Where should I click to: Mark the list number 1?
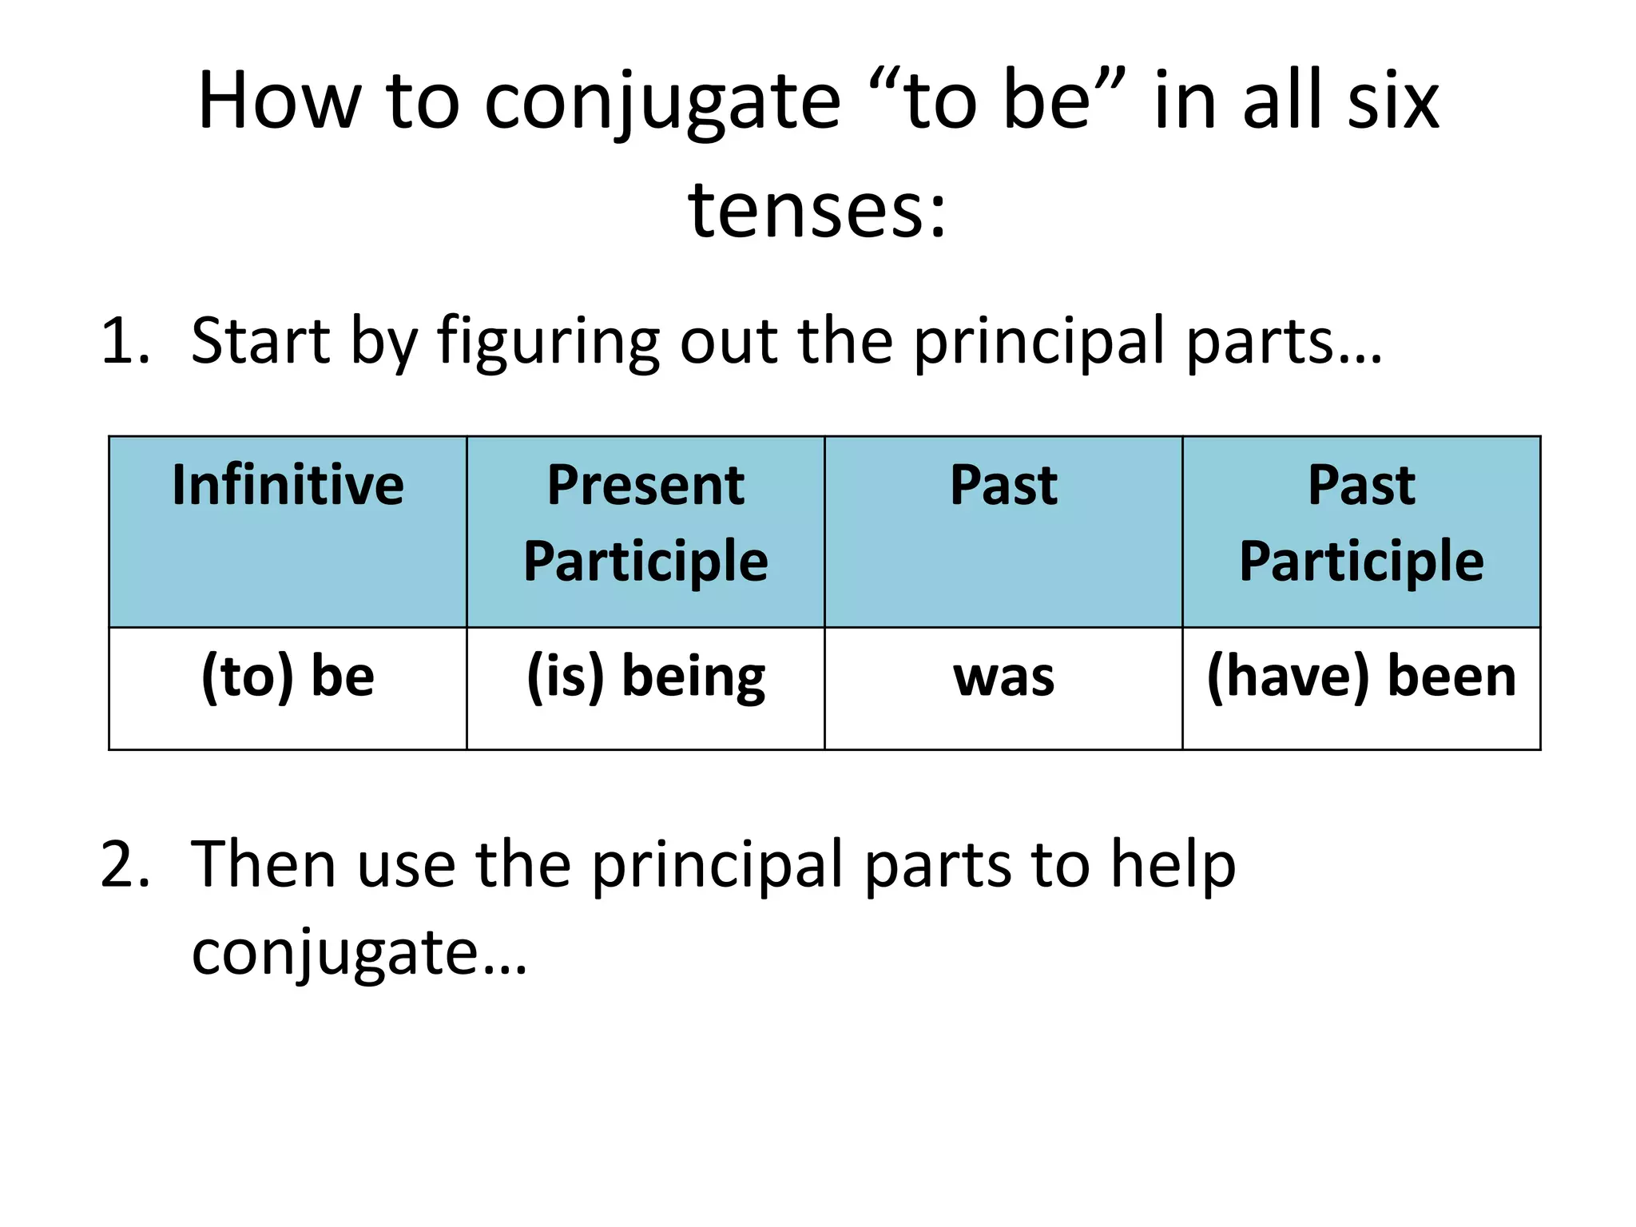[x=125, y=342]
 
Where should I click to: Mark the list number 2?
[x=125, y=864]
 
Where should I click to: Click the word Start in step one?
[x=260, y=342]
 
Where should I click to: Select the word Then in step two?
[x=264, y=864]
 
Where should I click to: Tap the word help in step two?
[x=1173, y=866]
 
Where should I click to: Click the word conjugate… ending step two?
[x=359, y=954]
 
